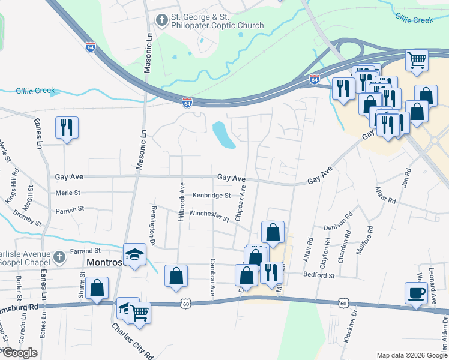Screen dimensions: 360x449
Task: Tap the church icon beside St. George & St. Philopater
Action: tap(161, 21)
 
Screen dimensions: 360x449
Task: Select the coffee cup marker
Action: tap(417, 293)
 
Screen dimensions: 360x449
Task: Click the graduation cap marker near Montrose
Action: tap(135, 255)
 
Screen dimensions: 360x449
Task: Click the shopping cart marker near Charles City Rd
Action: tap(139, 312)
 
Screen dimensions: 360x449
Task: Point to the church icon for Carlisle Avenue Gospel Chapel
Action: tap(58, 257)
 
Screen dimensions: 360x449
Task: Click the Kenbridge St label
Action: tap(211, 196)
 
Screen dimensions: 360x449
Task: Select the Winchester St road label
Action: tap(209, 215)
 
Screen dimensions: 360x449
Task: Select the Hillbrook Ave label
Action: tap(181, 203)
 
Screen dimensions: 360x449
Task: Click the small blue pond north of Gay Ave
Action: tap(223, 135)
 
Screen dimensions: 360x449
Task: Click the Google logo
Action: tap(20, 353)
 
